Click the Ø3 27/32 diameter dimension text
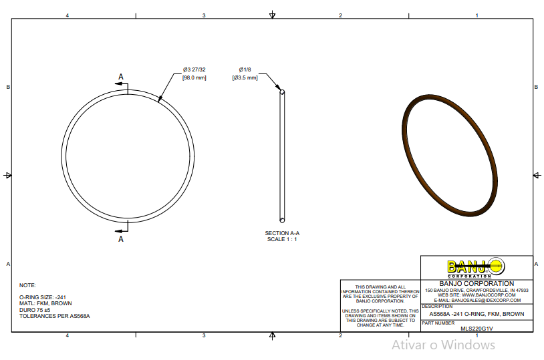coord(194,69)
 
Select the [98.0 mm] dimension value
coord(194,77)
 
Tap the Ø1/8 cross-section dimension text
coord(245,69)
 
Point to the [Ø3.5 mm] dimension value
coord(245,77)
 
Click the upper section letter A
coord(121,77)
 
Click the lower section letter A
coord(121,239)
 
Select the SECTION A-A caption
coord(282,233)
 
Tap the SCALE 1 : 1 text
coord(282,239)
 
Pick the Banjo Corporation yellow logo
coord(476,267)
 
